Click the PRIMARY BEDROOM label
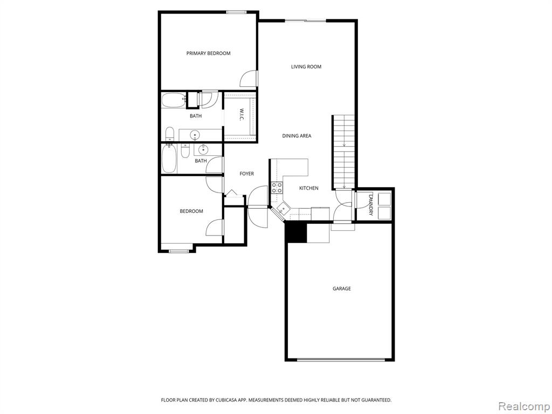click(208, 53)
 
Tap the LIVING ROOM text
click(306, 66)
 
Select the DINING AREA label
click(296, 135)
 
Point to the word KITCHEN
click(309, 188)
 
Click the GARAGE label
click(341, 288)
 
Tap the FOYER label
click(246, 174)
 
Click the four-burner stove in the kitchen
click(277, 187)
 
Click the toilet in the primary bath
click(170, 133)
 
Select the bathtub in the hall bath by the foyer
click(169, 159)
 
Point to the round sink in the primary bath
click(195, 134)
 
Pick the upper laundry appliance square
click(384, 198)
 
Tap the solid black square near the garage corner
click(296, 232)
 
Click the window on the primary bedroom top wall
click(236, 12)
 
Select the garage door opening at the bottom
click(341, 360)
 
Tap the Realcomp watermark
click(524, 406)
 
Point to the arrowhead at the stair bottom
click(343, 187)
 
